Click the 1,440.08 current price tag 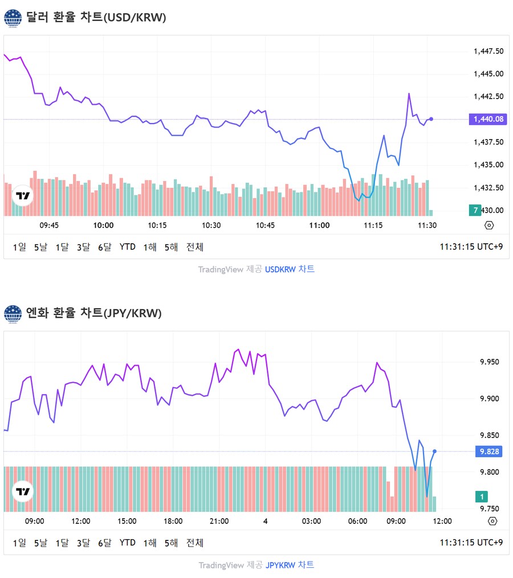pos(488,119)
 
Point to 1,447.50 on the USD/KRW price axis pos(488,51)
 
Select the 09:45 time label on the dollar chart pos(49,225)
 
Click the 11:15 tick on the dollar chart pos(373,225)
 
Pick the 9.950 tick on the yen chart pos(491,362)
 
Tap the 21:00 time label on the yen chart pos(219,520)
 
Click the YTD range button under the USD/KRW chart pos(128,247)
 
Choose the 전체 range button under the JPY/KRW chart pos(195,543)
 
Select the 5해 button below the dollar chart pos(171,247)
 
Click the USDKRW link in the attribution pos(280,269)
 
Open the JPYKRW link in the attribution pos(281,565)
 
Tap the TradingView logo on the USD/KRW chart pos(23,196)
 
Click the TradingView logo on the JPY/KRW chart pos(23,491)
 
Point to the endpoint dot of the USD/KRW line pos(431,119)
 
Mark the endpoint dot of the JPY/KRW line pos(435,451)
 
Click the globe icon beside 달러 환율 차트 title pos(13,18)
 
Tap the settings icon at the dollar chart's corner pos(489,225)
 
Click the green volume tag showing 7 pos(475,211)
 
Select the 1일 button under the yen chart pos(19,543)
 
